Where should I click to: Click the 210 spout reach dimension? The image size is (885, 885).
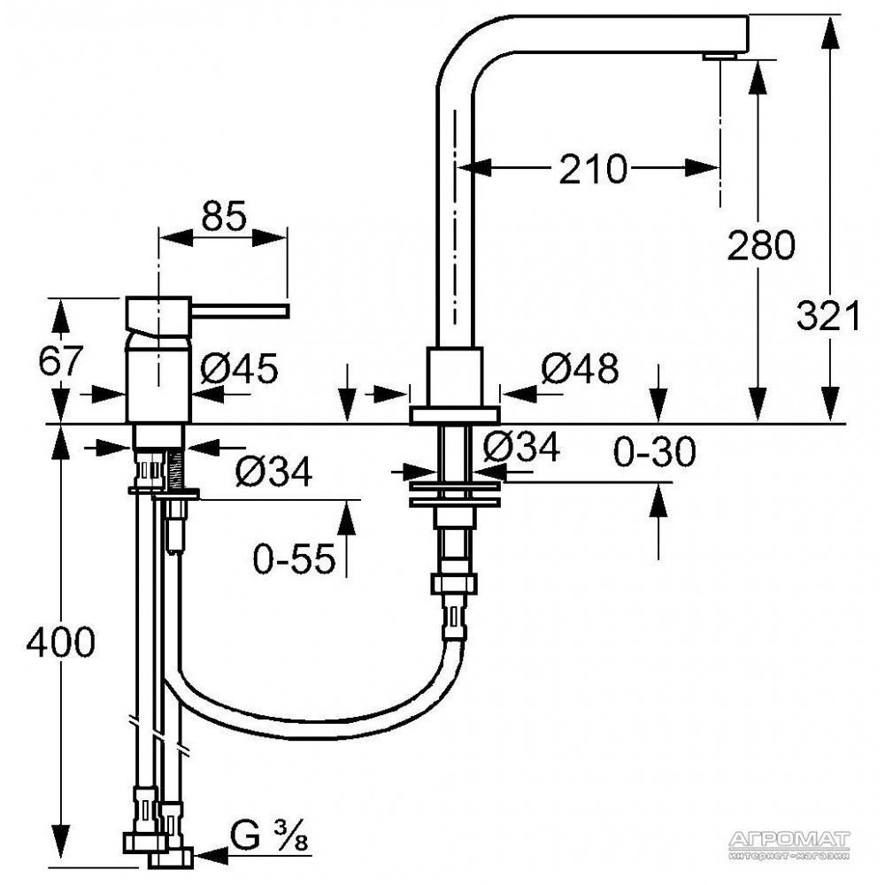[x=593, y=168]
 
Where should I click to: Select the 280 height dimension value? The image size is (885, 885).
[x=760, y=245]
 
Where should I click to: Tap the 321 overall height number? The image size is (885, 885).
[x=828, y=316]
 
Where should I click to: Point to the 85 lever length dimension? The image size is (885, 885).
[x=224, y=216]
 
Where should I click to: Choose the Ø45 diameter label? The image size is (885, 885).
[x=239, y=368]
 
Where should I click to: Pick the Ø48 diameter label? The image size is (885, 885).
[x=580, y=368]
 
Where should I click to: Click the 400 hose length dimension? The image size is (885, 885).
[x=61, y=642]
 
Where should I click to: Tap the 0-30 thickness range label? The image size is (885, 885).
[x=655, y=451]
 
